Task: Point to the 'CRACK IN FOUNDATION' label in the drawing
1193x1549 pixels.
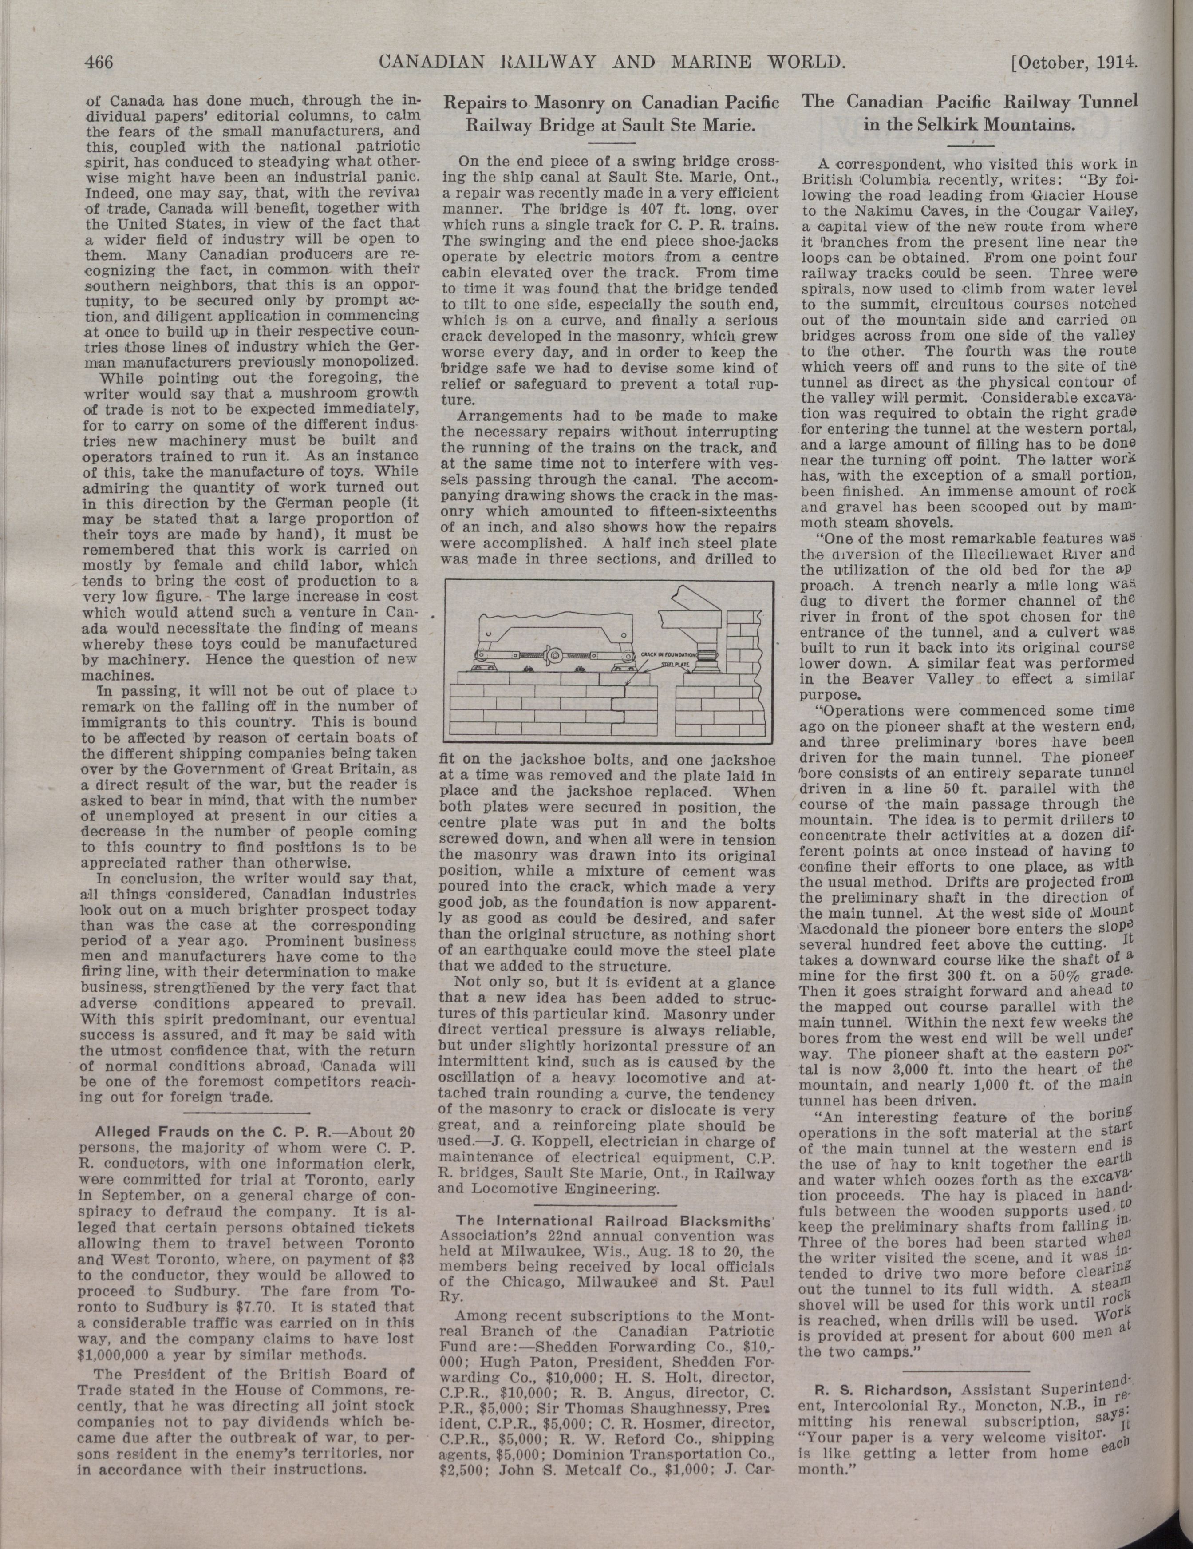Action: click(668, 653)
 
